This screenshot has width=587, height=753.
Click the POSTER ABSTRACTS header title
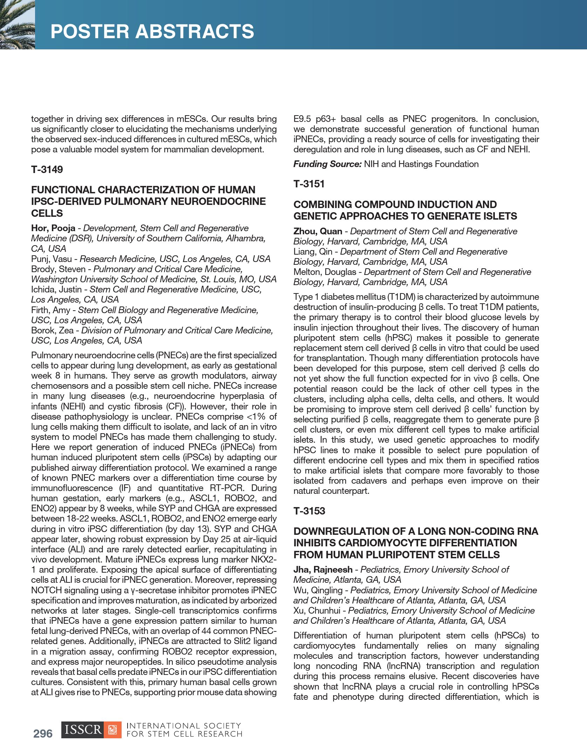(152, 31)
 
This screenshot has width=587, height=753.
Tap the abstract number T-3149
(47, 170)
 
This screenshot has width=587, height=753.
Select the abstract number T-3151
(309, 184)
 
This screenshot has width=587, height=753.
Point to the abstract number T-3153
(309, 511)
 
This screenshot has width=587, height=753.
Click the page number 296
(43, 733)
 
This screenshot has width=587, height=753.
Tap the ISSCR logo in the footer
(91, 730)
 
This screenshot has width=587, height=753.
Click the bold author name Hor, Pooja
(53, 228)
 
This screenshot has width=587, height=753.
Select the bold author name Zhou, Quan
(318, 232)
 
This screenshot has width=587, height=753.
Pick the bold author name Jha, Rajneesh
(323, 570)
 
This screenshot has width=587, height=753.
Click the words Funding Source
(327, 164)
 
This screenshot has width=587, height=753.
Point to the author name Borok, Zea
(52, 331)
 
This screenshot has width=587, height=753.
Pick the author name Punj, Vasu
(51, 259)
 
